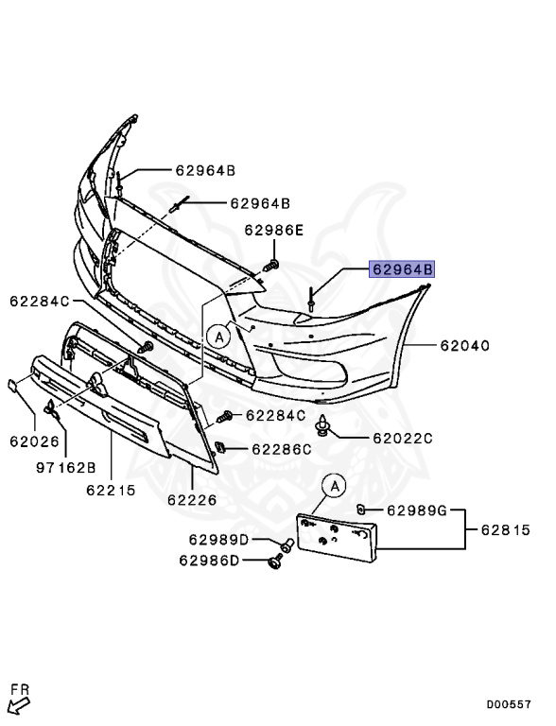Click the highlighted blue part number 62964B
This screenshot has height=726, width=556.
coord(402,269)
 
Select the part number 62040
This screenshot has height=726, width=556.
coord(463,346)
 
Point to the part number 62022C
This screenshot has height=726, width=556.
coord(402,438)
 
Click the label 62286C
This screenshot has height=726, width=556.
coord(280,449)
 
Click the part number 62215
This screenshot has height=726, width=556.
coord(111,491)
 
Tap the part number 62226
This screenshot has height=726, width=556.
coord(192,499)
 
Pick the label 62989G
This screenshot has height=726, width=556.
coord(416,510)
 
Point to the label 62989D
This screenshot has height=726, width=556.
coord(217,540)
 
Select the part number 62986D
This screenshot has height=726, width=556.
coord(209,561)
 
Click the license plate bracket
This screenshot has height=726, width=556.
coord(339,538)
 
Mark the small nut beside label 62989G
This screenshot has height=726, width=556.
coord(360,510)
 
